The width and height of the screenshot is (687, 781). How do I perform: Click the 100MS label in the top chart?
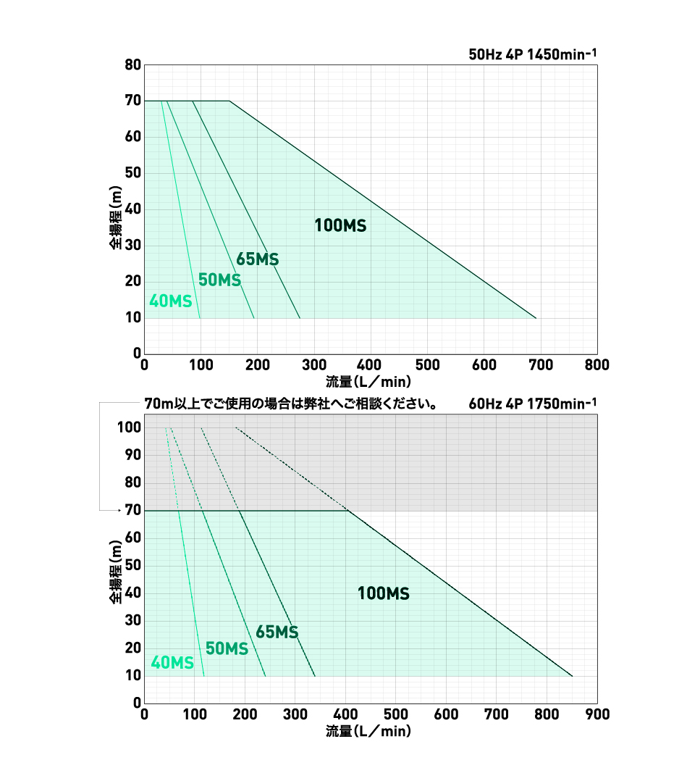coord(340,225)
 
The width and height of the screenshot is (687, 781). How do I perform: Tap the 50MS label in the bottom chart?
coord(227,648)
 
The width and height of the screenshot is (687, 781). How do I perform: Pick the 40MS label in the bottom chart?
coord(172,663)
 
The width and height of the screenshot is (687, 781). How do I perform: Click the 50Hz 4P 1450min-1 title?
coord(533,54)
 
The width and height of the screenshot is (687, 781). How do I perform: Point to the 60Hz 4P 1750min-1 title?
coord(533,404)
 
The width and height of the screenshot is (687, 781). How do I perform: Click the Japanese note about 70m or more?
coord(290,404)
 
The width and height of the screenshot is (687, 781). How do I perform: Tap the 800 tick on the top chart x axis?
coord(597,364)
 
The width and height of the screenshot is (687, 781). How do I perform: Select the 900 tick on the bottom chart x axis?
coord(597,714)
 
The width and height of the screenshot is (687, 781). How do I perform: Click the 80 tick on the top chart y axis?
coord(132,65)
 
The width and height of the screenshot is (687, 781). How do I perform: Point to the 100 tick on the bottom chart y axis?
coord(128,427)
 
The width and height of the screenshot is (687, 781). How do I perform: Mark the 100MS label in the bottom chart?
coord(384,594)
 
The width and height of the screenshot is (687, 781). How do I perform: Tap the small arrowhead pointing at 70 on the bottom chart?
coord(118,511)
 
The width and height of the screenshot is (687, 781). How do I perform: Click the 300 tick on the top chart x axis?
coord(313,364)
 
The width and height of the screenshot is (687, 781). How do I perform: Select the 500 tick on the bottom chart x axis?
coord(396,714)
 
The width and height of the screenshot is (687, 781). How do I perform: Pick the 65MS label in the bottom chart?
coord(277,632)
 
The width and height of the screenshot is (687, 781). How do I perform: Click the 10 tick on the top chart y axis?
coord(132,318)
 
